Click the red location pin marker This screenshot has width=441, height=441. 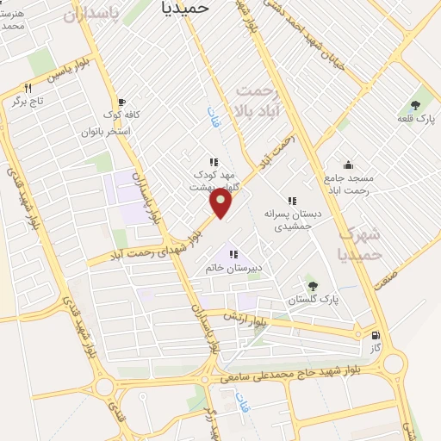[221, 203]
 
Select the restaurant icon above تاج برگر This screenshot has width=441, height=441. [28, 88]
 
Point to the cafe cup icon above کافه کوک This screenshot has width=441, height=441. [121, 101]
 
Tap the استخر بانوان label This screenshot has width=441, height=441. [105, 132]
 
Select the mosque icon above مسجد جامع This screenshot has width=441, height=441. [347, 165]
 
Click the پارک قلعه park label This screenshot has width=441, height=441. [415, 118]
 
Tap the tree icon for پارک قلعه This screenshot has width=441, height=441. [416, 104]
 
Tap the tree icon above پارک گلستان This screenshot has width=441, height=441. [312, 285]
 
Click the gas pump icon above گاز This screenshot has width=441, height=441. [375, 335]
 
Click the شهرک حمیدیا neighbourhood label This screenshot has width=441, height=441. [357, 242]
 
